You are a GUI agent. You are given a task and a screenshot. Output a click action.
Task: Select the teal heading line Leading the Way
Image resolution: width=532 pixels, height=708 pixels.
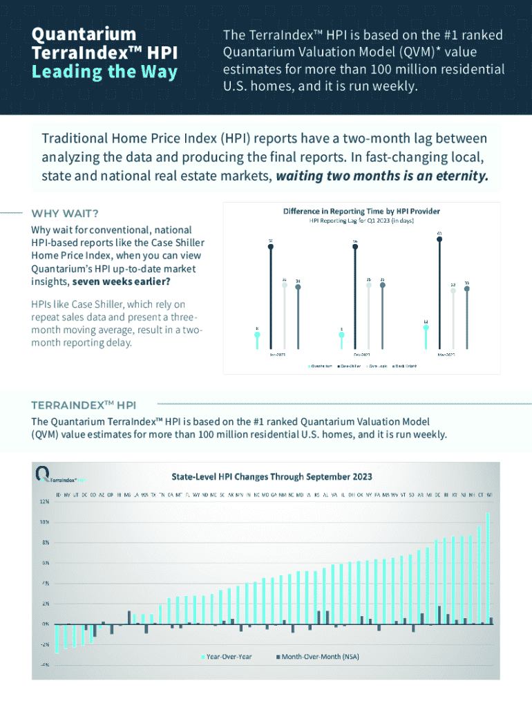104,72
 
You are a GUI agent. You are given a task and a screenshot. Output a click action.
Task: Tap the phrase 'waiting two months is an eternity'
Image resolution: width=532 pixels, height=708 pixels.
382,176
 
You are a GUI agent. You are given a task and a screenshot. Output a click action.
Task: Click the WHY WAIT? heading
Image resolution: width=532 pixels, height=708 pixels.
65,213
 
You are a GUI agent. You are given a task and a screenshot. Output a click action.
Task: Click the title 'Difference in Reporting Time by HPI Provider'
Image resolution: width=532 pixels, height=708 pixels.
361,211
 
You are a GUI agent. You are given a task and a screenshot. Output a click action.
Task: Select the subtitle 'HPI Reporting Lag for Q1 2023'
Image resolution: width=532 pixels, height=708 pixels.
361,221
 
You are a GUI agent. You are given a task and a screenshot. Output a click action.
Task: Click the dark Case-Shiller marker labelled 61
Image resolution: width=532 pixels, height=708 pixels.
439,239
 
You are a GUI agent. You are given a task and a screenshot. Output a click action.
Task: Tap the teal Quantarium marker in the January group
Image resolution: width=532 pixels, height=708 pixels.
257,335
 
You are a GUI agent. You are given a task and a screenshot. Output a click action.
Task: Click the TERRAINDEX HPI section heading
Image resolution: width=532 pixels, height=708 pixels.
84,404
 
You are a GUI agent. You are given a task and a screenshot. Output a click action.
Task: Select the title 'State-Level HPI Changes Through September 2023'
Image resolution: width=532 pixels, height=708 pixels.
272,476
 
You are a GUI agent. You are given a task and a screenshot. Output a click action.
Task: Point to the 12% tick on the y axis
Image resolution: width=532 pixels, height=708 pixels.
43,501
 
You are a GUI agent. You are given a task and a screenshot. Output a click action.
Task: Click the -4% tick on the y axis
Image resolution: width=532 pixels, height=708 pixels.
43,664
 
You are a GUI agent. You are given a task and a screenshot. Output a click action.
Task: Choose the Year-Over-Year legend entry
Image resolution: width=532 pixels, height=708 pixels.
227,655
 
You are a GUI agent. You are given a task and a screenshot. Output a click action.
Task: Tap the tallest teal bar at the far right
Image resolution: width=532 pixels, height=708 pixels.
488,567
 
